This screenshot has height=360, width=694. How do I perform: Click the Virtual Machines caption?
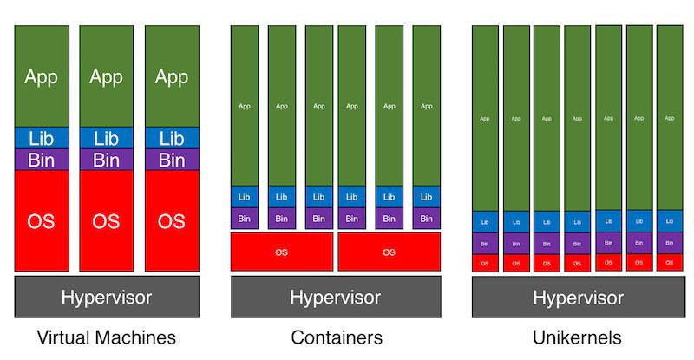click(106, 337)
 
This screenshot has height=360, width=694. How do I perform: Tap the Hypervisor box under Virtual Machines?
click(106, 298)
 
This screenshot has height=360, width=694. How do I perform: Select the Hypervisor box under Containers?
click(335, 298)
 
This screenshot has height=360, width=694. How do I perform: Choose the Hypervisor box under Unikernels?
click(578, 298)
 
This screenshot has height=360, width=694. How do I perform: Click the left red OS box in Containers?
click(281, 252)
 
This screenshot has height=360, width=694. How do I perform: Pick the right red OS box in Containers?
click(389, 252)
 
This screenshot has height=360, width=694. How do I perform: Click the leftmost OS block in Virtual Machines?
click(41, 220)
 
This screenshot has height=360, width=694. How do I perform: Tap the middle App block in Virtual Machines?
click(106, 76)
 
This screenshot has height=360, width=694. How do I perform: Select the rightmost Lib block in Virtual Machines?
click(172, 138)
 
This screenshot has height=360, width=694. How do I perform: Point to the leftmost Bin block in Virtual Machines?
click(41, 160)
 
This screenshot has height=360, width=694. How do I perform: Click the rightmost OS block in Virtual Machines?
click(172, 220)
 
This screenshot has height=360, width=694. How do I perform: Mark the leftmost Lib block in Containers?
click(244, 197)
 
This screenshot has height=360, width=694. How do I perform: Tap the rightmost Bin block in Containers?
click(426, 219)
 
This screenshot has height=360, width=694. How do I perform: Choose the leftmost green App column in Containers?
click(244, 106)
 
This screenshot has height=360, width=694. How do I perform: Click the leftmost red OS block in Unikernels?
click(484, 263)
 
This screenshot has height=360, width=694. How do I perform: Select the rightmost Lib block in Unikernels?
click(669, 222)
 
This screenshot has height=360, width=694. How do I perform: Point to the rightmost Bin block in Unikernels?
click(669, 244)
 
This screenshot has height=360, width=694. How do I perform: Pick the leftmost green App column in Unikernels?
click(484, 118)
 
